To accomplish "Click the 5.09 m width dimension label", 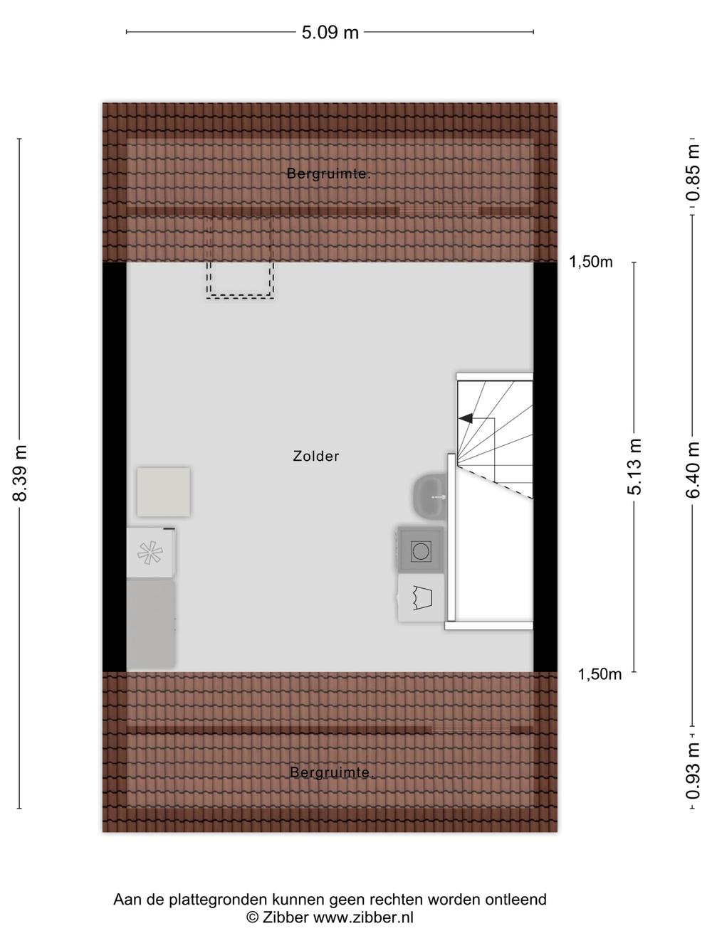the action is click(x=330, y=33).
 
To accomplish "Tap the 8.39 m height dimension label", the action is click(x=20, y=472).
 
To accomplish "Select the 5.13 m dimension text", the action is click(x=634, y=467).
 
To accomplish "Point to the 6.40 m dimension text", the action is click(x=693, y=469).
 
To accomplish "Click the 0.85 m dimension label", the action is click(x=693, y=172).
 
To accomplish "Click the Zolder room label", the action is click(x=316, y=456).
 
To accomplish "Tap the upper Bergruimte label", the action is click(x=328, y=174).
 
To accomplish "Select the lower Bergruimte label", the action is click(x=332, y=772).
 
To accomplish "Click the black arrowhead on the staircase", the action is click(x=465, y=418).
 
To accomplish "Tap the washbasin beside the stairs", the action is click(x=429, y=496).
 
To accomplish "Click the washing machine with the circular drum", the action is click(x=421, y=550).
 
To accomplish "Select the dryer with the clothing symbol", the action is click(x=422, y=597).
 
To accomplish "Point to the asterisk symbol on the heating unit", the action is click(x=150, y=553).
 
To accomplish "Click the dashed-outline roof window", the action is click(x=240, y=257).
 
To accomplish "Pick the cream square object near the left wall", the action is click(x=164, y=491).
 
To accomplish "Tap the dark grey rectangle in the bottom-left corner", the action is click(x=151, y=624).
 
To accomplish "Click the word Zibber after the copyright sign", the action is click(x=285, y=917).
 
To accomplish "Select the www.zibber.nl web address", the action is click(x=363, y=917).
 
